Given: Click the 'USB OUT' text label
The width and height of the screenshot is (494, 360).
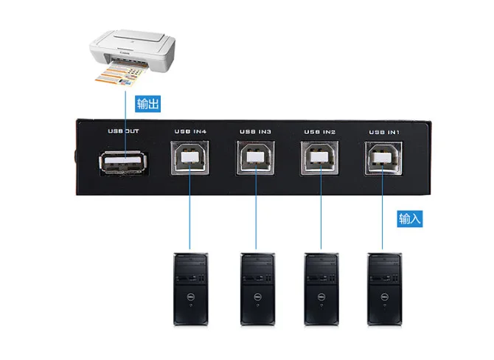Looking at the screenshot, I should (123, 131).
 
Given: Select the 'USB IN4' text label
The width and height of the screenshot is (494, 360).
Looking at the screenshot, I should (190, 131).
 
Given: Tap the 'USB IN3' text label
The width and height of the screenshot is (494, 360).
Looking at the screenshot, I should (255, 131).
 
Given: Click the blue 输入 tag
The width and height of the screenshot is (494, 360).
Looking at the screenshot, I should (411, 219).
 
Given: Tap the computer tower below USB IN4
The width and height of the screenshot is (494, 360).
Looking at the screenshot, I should (190, 289).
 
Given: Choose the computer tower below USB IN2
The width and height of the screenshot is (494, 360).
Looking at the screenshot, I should (320, 289).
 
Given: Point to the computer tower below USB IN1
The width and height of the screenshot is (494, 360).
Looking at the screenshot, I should (383, 289).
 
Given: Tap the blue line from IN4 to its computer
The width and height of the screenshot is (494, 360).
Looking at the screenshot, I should (190, 214).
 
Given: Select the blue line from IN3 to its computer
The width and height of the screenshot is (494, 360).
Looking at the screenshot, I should (255, 214).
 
